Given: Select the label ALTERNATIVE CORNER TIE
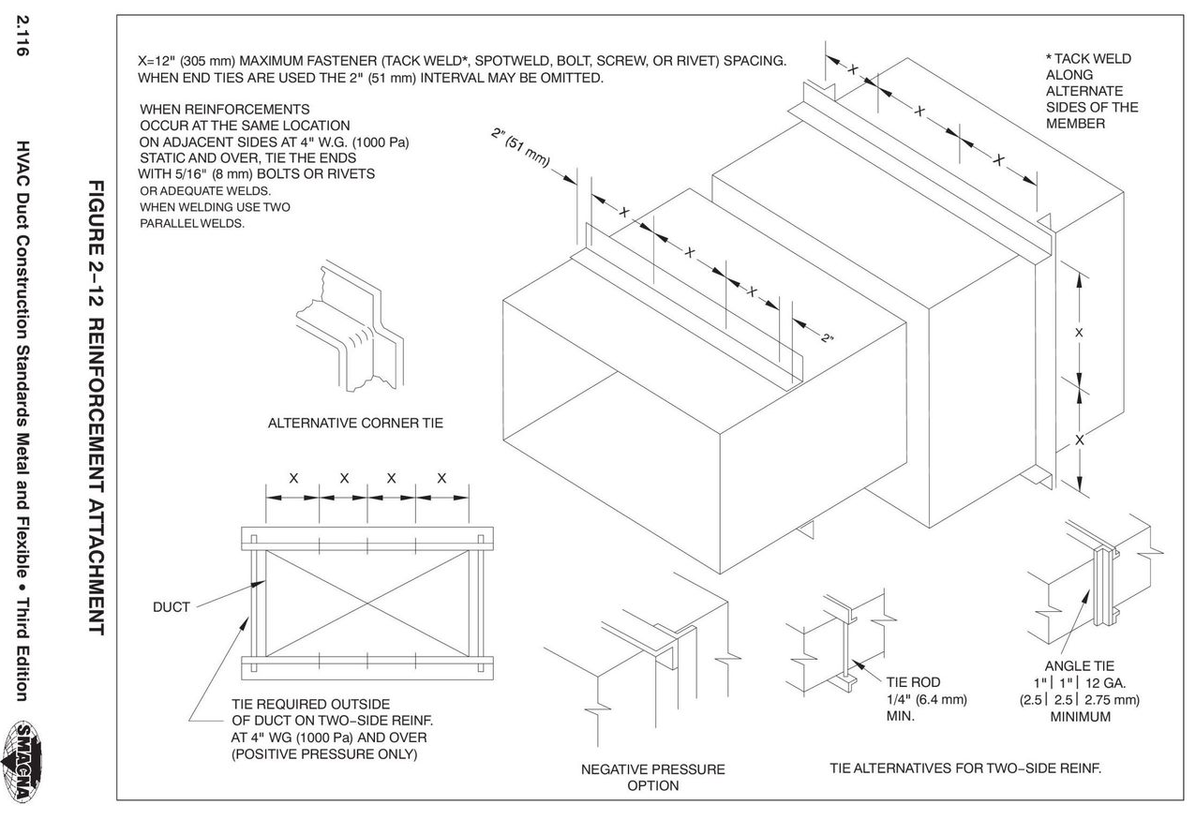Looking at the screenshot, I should click(x=355, y=423).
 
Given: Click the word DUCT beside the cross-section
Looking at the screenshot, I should click(x=172, y=606).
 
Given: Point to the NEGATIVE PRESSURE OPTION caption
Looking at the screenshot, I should click(x=652, y=777).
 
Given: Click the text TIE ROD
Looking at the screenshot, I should click(x=912, y=682).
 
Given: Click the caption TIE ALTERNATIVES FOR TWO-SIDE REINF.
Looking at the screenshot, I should click(x=964, y=768).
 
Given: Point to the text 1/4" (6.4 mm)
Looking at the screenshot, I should click(x=926, y=699).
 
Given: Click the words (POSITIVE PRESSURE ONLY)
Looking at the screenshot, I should click(x=323, y=753).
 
